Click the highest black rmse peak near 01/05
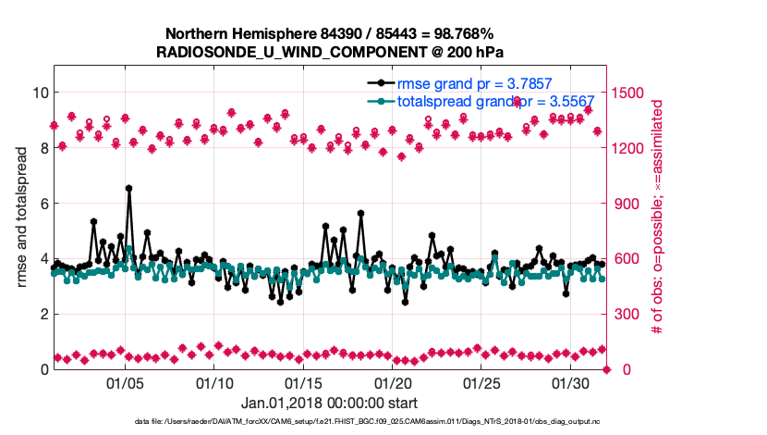click(129, 188)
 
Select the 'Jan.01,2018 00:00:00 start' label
click(329, 404)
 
